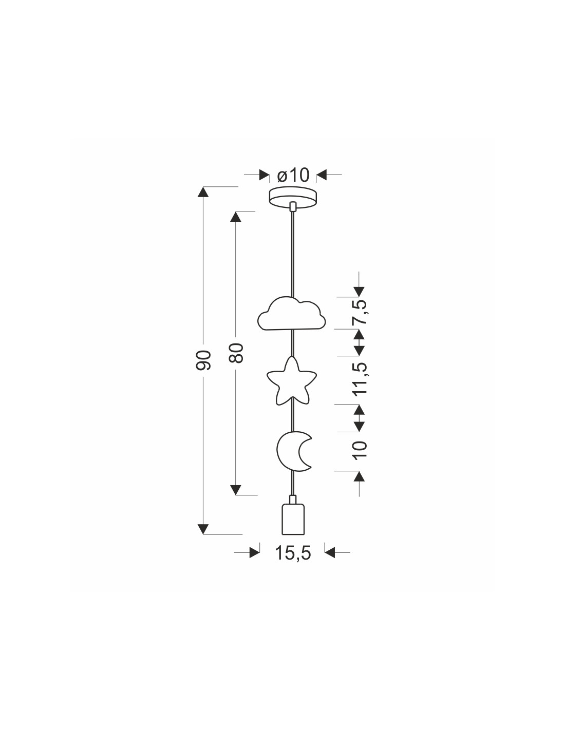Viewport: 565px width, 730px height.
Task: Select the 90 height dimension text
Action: pos(203,360)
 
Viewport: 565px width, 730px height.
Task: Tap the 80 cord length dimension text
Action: pos(236,353)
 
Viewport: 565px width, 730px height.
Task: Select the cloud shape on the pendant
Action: pos(291,314)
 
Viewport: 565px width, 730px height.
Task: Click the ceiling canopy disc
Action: pos(293,198)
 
